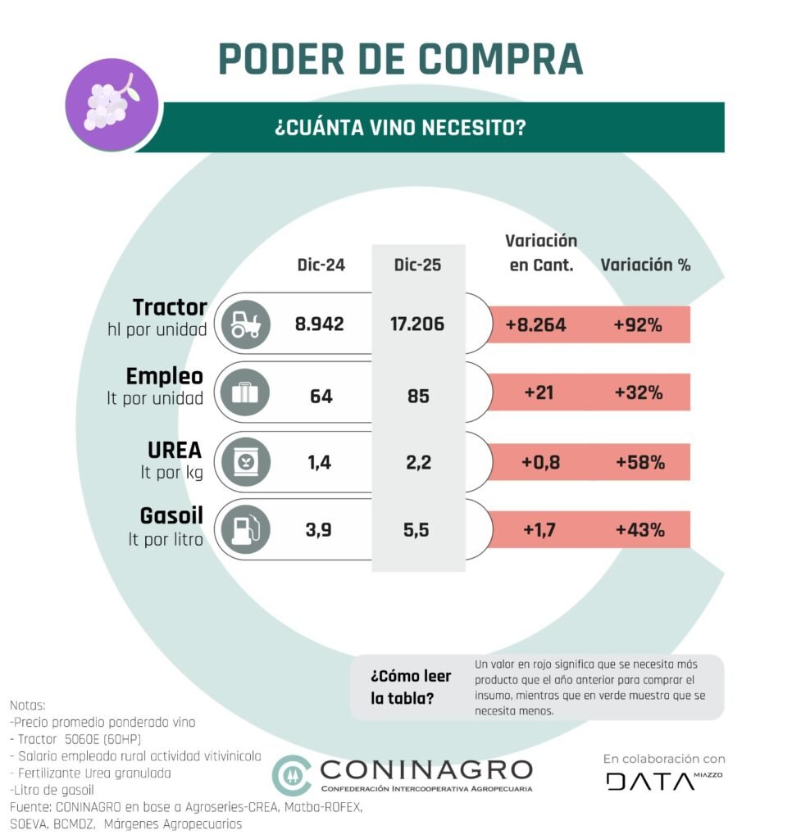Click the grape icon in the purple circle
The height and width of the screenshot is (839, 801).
point(105,103)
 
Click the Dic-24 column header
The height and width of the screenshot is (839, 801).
point(321,265)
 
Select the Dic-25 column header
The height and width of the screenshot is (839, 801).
point(418,265)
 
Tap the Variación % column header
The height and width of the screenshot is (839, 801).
point(645,265)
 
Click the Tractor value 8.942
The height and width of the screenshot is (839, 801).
point(320,324)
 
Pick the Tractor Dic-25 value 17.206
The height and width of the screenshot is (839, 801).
point(418,324)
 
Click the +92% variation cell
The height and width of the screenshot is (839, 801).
point(638,324)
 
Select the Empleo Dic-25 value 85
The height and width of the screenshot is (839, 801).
point(418,396)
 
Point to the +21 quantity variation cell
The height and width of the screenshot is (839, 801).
point(539,393)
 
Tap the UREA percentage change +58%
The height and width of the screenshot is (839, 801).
point(639,462)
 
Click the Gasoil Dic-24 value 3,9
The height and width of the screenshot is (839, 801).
point(320,530)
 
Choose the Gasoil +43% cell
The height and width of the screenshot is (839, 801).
point(639,530)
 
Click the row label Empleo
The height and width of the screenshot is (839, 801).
point(165,376)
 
